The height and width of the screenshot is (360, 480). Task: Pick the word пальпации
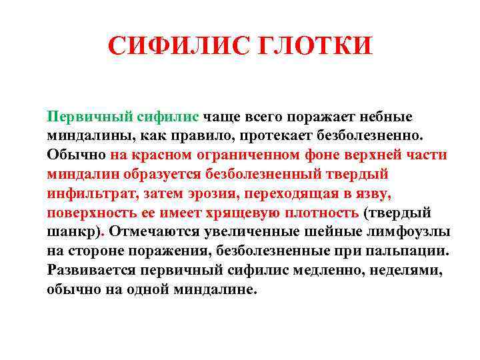(411, 252)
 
